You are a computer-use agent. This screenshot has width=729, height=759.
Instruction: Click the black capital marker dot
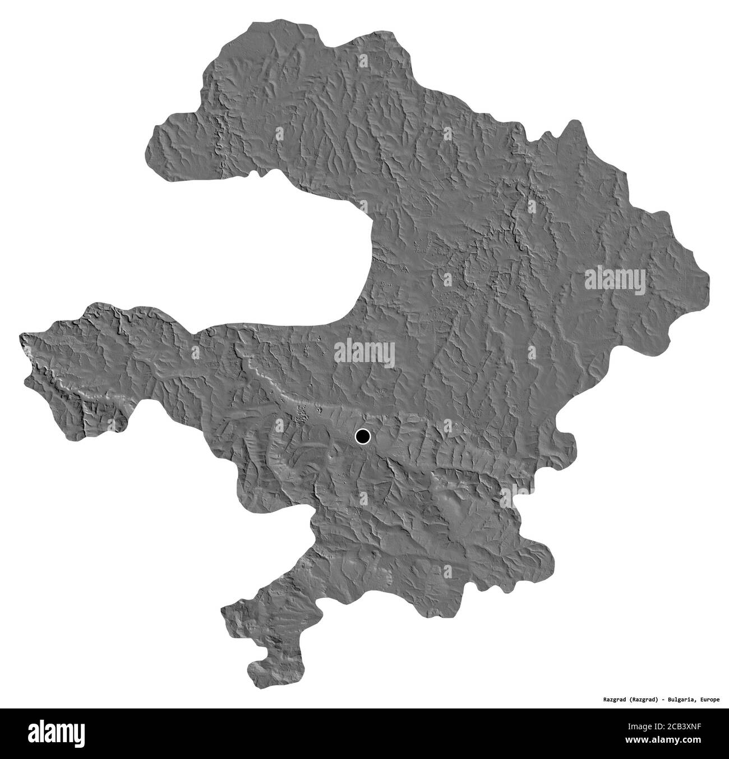tap(363, 436)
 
